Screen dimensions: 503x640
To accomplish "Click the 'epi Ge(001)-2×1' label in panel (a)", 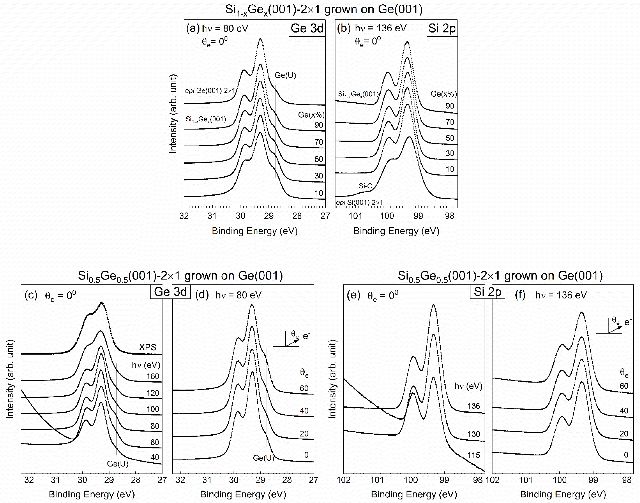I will (x=210, y=91).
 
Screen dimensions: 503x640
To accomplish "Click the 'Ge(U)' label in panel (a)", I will (x=285, y=75).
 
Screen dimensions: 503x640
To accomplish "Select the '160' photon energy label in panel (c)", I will (x=153, y=376).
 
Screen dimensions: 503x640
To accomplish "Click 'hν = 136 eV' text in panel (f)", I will (x=561, y=295).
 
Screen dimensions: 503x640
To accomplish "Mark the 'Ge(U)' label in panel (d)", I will (x=263, y=458).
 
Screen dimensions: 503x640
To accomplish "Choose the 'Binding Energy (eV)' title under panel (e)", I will (x=414, y=494).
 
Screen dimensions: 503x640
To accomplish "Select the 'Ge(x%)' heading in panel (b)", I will (x=443, y=94).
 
